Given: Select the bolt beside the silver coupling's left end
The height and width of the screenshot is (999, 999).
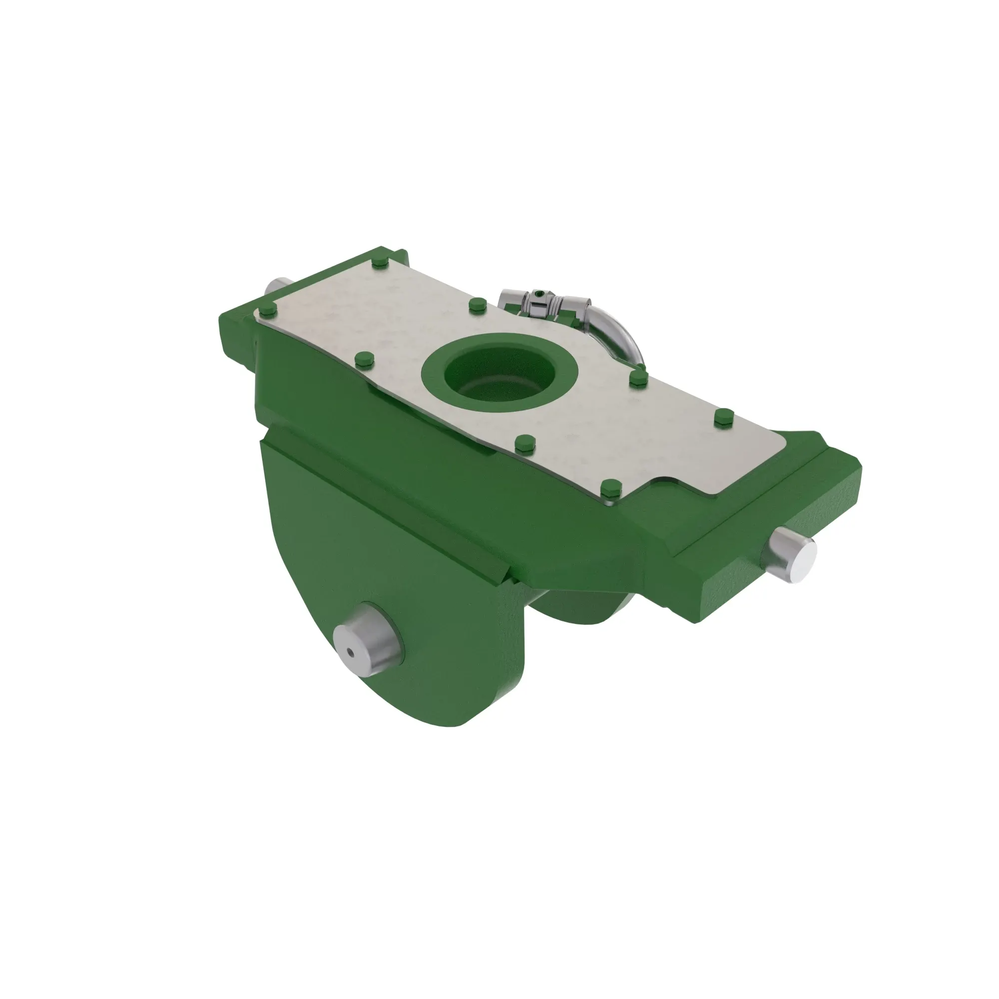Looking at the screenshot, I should coord(477,306).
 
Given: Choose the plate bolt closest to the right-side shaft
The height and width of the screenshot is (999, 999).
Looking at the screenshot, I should coord(723,417).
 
